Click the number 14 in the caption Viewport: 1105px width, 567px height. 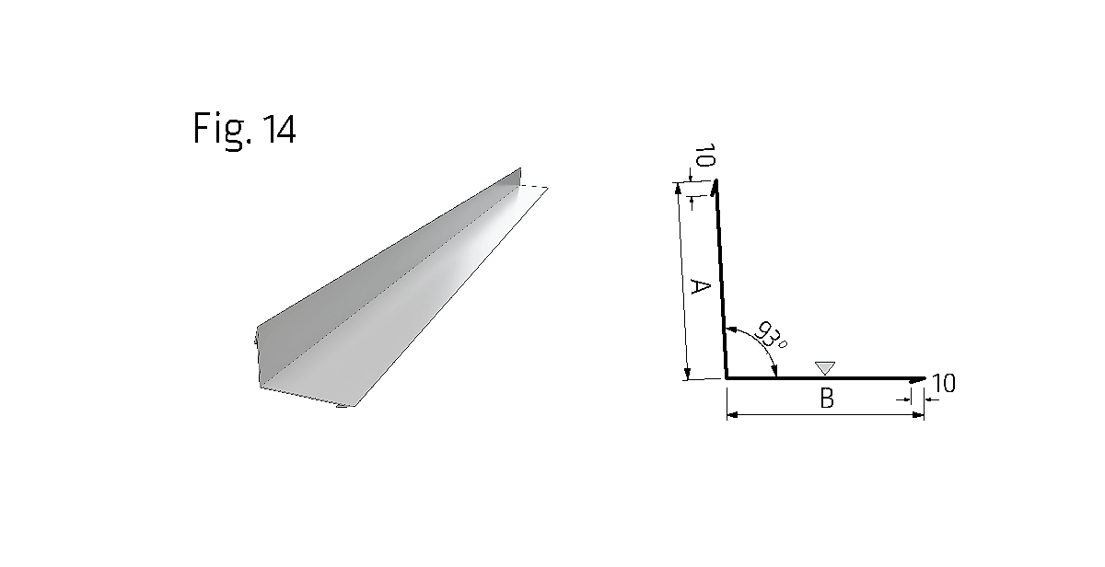[x=280, y=129]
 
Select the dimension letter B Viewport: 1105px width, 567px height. [x=827, y=399]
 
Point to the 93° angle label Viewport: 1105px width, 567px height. [x=770, y=335]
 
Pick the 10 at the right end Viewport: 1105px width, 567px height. [x=944, y=383]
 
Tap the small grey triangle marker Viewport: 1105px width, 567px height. [x=825, y=368]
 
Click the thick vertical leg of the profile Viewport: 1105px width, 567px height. [x=721, y=279]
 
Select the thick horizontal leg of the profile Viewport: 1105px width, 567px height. [x=825, y=378]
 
